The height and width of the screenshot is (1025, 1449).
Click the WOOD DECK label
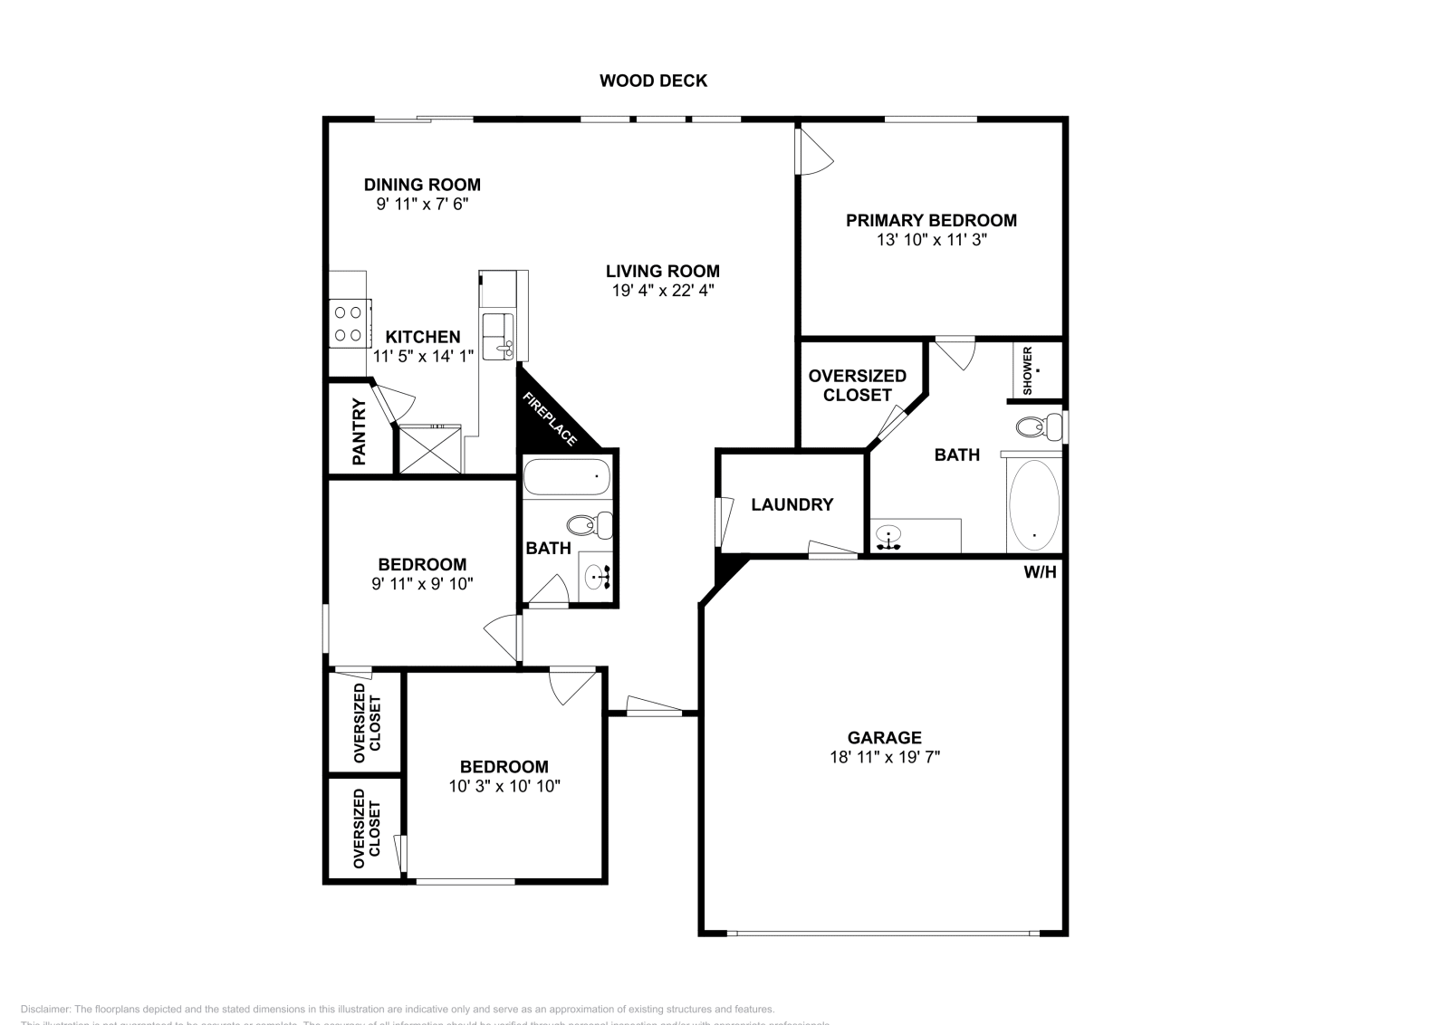[x=653, y=81]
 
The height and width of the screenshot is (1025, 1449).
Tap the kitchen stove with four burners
[x=348, y=323]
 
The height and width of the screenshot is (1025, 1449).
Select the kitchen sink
[x=496, y=335]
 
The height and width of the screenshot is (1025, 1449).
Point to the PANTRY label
[x=360, y=432]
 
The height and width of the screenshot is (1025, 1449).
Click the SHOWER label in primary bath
[x=1028, y=370]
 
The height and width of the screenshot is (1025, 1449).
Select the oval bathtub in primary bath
[x=1033, y=505]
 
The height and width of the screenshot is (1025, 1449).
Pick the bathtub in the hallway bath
[x=567, y=476]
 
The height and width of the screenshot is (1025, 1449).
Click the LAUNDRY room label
[x=792, y=504]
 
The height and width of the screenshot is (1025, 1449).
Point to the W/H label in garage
[x=1040, y=572]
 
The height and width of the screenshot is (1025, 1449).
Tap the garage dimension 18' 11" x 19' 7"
[x=885, y=757]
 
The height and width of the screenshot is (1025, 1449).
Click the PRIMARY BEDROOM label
[x=931, y=220]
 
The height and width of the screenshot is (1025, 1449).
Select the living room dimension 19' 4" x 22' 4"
[x=663, y=291]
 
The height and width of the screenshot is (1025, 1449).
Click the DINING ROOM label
[x=422, y=185]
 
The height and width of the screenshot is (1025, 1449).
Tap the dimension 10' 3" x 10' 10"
[x=504, y=786]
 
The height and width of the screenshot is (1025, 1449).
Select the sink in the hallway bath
[x=598, y=575]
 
